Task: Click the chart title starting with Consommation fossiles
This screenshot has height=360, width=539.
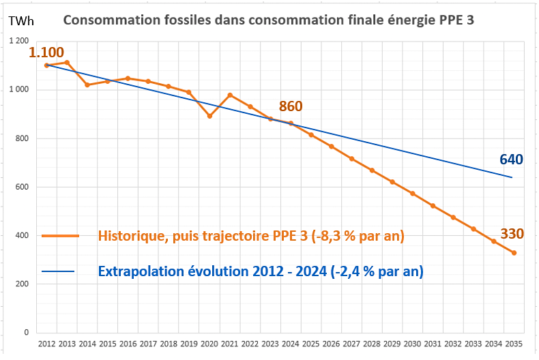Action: [x=269, y=20]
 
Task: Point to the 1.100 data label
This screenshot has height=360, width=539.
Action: [x=46, y=52]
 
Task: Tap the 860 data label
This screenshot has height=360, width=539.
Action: [x=291, y=106]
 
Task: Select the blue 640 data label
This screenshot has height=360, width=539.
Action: [x=511, y=160]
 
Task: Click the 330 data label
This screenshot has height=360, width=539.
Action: [x=512, y=234]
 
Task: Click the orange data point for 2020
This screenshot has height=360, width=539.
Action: [x=209, y=116]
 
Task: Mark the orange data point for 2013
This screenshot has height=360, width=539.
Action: [x=67, y=62]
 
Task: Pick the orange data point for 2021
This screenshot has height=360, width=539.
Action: [x=230, y=95]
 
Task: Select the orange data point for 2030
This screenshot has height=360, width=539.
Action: [x=413, y=194]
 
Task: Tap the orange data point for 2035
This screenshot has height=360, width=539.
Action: [x=514, y=253]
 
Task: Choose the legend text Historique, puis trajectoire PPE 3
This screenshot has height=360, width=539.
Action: [x=251, y=236]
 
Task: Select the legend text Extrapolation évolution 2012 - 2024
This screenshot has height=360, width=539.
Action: [x=260, y=271]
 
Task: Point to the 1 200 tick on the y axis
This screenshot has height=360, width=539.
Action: [x=18, y=42]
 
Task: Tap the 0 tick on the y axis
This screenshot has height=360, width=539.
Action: [x=26, y=333]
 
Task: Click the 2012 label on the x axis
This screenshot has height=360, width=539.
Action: [x=46, y=345]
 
